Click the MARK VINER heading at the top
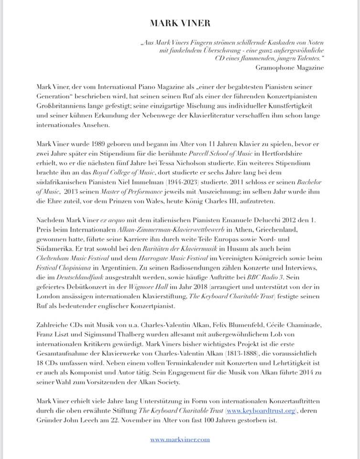pyautogui.click(x=180, y=23)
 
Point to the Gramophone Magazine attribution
pyautogui.click(x=290, y=67)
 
